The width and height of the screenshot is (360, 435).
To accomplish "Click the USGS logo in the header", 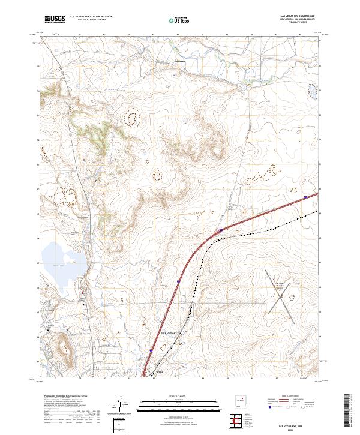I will tap(55, 20).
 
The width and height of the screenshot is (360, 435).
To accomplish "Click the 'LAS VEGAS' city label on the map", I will tap(167, 332).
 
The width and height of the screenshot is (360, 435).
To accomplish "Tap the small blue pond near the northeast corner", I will tap(311, 91).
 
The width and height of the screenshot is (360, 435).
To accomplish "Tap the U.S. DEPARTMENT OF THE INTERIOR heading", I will tap(91, 17).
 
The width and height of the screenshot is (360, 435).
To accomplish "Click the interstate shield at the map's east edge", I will tap(306, 196).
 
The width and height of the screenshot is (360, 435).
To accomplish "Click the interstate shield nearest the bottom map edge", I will tap(151, 352).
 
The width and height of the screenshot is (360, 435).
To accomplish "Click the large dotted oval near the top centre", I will tap(131, 118).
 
